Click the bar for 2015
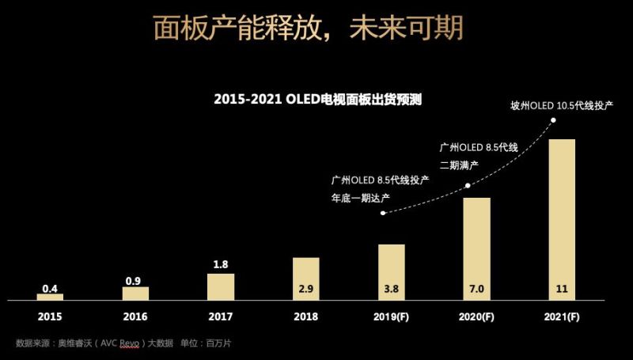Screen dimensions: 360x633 pyautogui.click(x=50, y=297)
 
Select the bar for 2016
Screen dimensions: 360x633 pyautogui.click(x=135, y=293)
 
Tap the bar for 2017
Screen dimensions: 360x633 pyautogui.click(x=221, y=286)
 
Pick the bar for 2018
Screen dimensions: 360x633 pyautogui.click(x=306, y=278)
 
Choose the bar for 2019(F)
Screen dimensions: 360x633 pyautogui.click(x=391, y=271)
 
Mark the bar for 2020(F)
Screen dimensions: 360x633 pyautogui.click(x=476, y=248)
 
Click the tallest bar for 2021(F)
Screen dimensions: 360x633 pyautogui.click(x=562, y=219)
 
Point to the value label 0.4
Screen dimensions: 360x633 pyautogui.click(x=50, y=288)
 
